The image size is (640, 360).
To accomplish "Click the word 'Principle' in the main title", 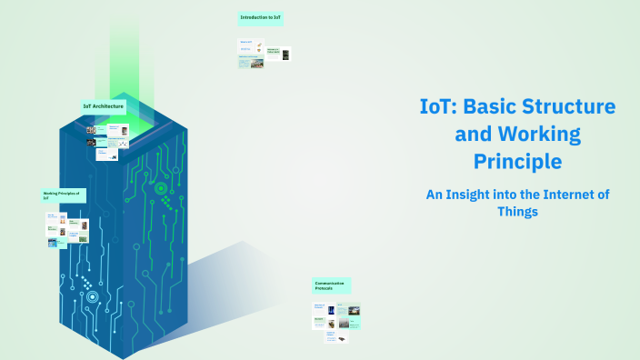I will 517,163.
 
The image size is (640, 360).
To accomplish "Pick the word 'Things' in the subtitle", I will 518,212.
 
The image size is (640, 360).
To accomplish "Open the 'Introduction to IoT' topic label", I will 261,17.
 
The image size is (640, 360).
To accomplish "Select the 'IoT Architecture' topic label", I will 104,106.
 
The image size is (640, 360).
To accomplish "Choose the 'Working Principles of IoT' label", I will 63,195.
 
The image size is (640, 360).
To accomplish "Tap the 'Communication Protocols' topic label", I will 332,285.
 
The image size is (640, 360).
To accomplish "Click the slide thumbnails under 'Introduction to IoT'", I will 264,54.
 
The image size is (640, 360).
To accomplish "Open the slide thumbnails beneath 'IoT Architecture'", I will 107,142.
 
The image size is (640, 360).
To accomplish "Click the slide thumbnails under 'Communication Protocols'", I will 336,322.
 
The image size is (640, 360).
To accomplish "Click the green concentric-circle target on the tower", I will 161,189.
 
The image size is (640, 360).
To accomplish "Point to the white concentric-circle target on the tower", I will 92,296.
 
